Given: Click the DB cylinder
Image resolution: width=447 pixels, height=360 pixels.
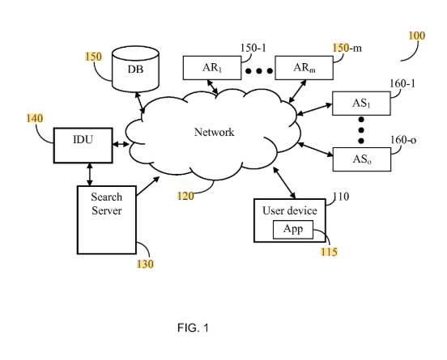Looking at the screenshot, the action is (x=135, y=70).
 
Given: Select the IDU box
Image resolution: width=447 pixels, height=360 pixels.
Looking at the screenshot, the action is (x=83, y=146).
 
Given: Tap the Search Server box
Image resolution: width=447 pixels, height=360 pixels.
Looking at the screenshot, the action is (x=107, y=219).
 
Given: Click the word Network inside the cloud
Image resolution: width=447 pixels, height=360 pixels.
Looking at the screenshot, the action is (x=214, y=132).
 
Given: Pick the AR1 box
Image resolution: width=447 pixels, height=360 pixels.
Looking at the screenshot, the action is (x=212, y=68).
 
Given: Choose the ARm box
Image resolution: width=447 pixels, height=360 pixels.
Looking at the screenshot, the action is (x=304, y=68).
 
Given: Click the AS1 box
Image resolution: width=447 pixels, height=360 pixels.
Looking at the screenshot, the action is (x=361, y=104).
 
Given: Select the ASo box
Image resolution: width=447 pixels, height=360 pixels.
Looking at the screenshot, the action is (x=362, y=159).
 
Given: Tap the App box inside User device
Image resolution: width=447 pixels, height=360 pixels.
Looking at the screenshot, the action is (x=293, y=229).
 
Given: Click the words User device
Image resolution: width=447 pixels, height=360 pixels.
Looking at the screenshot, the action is (x=290, y=211).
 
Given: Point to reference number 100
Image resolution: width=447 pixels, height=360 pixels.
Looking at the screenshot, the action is (x=417, y=36).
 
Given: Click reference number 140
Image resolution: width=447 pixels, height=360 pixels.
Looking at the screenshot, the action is (x=35, y=118).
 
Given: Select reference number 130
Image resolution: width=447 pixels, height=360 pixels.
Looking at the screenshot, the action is (x=145, y=264).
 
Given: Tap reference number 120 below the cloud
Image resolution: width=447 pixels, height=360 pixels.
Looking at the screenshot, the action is (x=186, y=196).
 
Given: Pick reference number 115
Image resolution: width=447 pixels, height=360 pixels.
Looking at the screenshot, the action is (x=330, y=252).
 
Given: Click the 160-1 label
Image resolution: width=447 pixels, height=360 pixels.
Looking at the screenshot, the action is (x=402, y=83).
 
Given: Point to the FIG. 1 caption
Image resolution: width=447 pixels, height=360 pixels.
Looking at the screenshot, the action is (x=193, y=328).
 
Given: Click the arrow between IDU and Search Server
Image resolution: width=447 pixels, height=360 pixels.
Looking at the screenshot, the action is (x=90, y=174).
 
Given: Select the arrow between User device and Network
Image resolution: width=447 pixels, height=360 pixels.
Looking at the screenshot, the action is (x=284, y=183).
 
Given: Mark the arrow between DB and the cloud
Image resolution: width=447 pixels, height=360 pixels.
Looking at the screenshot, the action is (x=139, y=103).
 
